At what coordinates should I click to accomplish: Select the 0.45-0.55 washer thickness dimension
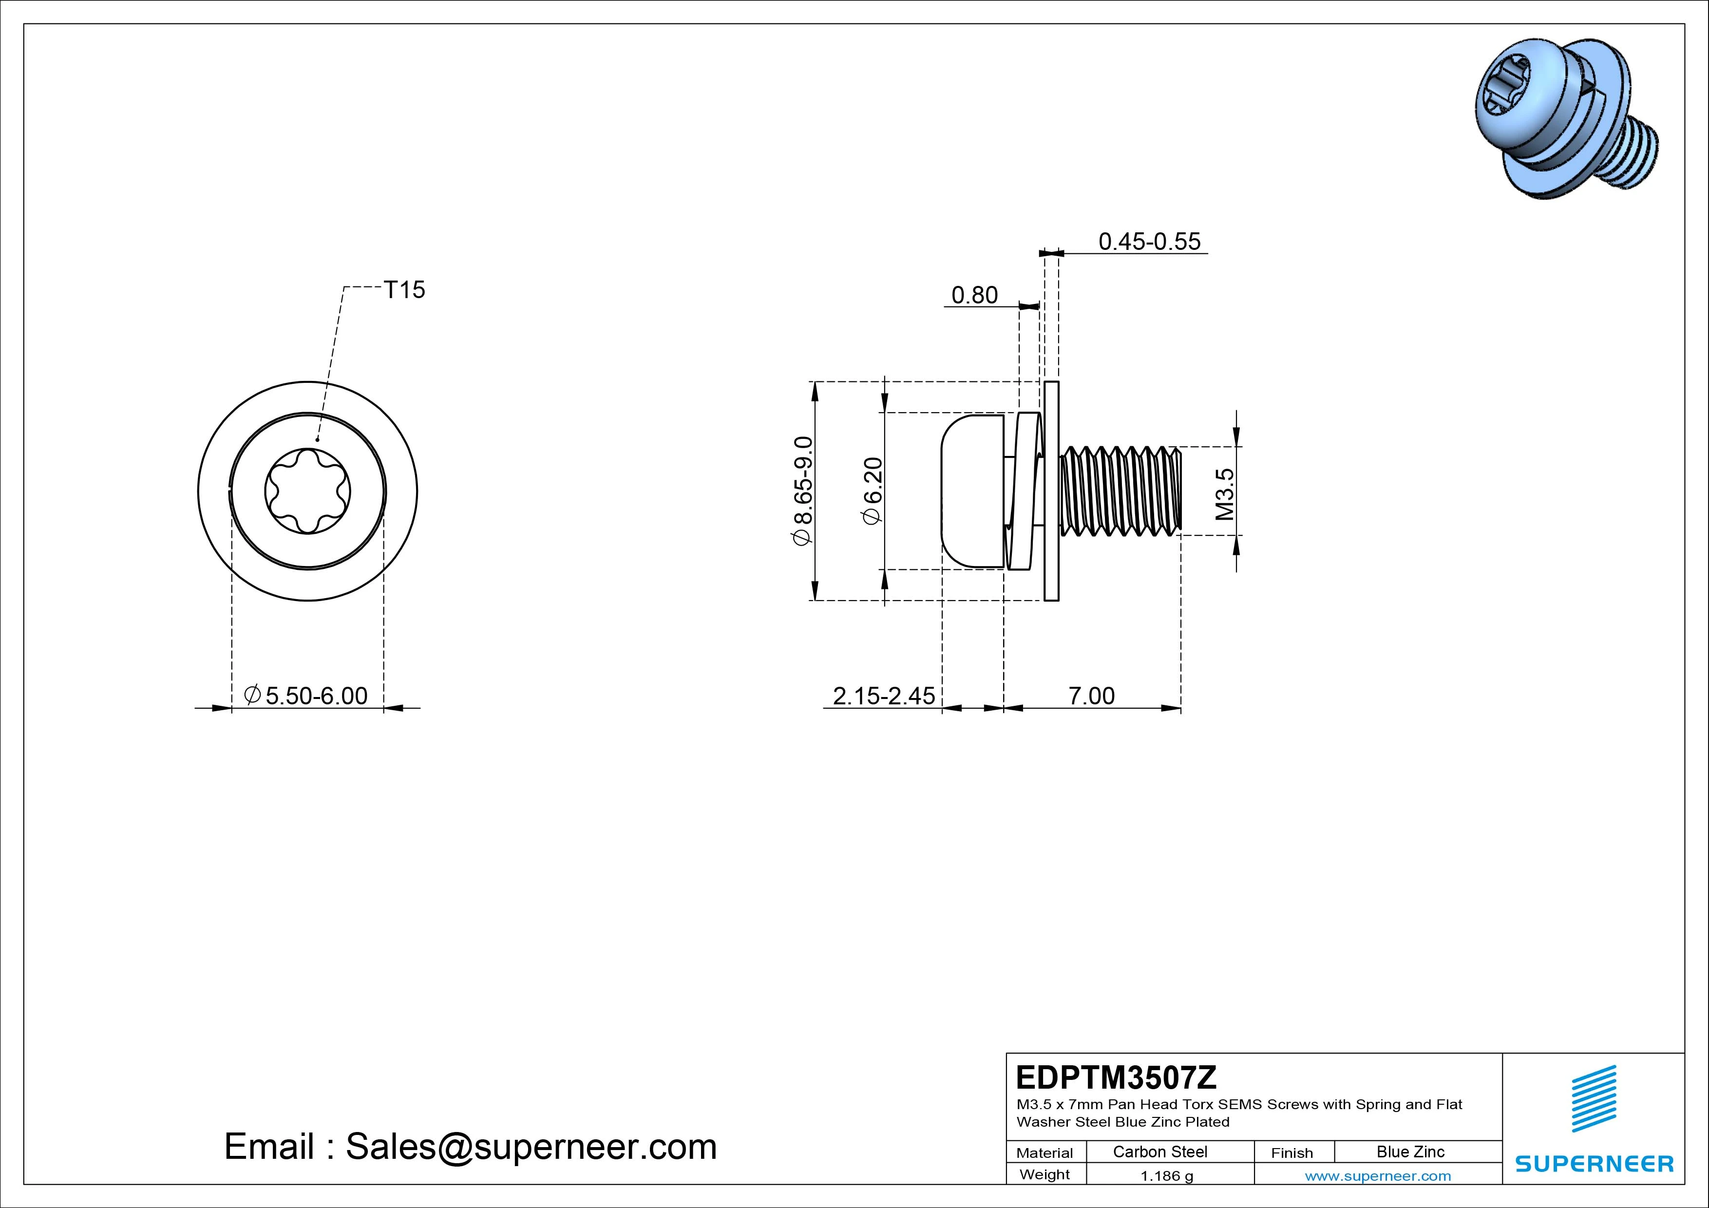click(1149, 241)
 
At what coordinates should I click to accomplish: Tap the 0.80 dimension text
click(974, 296)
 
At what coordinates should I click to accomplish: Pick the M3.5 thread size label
click(1224, 493)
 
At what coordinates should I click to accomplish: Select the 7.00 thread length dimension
click(1091, 696)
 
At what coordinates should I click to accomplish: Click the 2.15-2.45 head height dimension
click(884, 696)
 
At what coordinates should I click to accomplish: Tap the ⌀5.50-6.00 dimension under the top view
click(306, 696)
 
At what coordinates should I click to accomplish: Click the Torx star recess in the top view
click(307, 491)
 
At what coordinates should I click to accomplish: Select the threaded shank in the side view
click(1120, 491)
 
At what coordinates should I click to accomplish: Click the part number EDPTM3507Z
click(1116, 1077)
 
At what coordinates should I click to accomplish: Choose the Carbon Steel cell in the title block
click(1159, 1152)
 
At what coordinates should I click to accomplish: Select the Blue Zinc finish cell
click(1410, 1152)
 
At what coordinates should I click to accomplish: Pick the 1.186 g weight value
click(1166, 1176)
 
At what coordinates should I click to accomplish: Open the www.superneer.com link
click(1377, 1176)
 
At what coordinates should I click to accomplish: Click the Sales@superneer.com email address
click(531, 1147)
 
